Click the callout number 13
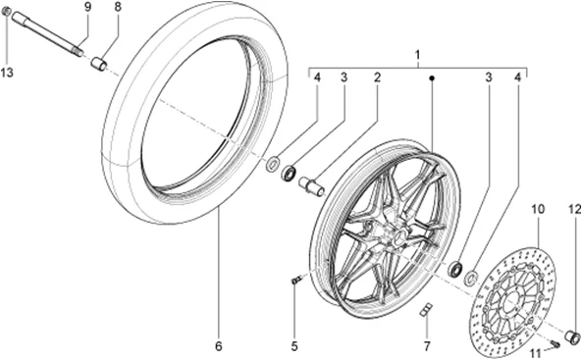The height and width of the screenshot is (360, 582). pyautogui.click(x=8, y=74)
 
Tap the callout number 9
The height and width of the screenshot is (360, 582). pyautogui.click(x=87, y=7)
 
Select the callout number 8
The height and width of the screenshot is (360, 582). pyautogui.click(x=118, y=7)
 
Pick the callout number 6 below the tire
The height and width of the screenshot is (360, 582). pyautogui.click(x=219, y=346)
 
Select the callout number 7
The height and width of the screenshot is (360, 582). pyautogui.click(x=426, y=346)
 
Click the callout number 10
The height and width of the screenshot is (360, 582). pyautogui.click(x=537, y=210)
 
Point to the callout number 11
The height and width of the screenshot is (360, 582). pyautogui.click(x=537, y=353)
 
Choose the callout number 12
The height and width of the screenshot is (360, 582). pyautogui.click(x=574, y=210)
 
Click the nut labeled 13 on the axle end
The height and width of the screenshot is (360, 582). pyautogui.click(x=8, y=14)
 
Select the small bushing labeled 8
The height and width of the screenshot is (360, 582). pyautogui.click(x=98, y=65)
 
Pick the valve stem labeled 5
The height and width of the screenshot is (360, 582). pyautogui.click(x=295, y=283)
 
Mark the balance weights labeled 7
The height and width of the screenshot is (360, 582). pyautogui.click(x=426, y=312)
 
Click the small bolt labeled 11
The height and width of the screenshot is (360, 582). pyautogui.click(x=556, y=342)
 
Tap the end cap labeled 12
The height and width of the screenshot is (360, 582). pyautogui.click(x=574, y=338)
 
